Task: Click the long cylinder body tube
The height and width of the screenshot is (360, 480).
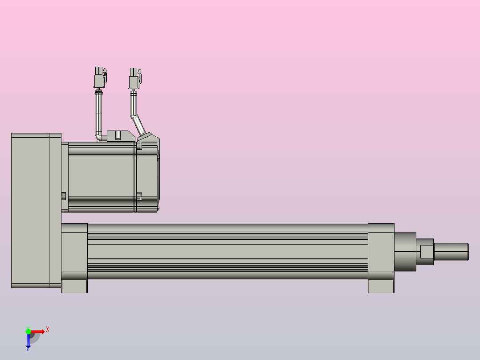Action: (x=227, y=251)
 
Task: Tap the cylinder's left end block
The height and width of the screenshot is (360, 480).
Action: (x=74, y=251)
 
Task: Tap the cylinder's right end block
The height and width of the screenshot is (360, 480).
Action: (x=381, y=251)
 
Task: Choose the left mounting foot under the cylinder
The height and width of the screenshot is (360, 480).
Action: (x=74, y=286)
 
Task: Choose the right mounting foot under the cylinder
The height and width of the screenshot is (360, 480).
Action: (x=381, y=286)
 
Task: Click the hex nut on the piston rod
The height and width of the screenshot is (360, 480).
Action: (x=427, y=252)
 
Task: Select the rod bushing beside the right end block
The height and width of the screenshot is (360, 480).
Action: (x=405, y=251)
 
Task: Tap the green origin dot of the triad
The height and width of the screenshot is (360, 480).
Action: (x=28, y=331)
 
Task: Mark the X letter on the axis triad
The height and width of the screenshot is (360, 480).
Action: (x=48, y=329)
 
